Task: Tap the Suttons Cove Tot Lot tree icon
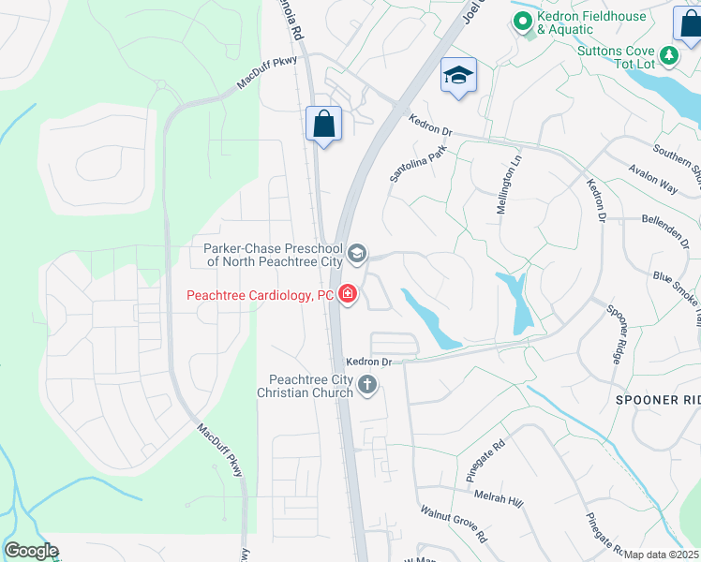(669, 55)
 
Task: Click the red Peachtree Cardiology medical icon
(348, 295)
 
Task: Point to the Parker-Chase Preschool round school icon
(356, 254)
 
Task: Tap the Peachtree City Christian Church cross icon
(367, 384)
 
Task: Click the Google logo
(31, 551)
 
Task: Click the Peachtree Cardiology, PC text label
(261, 295)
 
